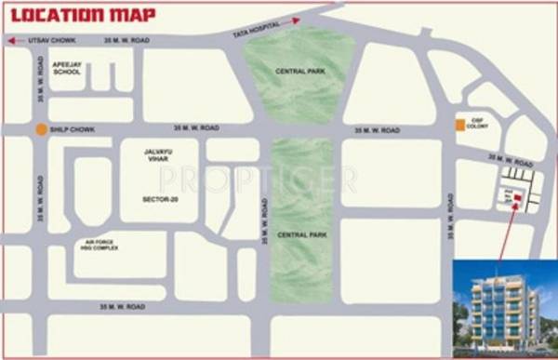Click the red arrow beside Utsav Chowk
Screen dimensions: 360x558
pos(10,41)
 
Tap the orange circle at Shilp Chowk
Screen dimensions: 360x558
pos(41,129)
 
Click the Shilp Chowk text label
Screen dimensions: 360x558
pos(68,129)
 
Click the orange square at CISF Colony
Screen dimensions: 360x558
pos(458,126)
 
